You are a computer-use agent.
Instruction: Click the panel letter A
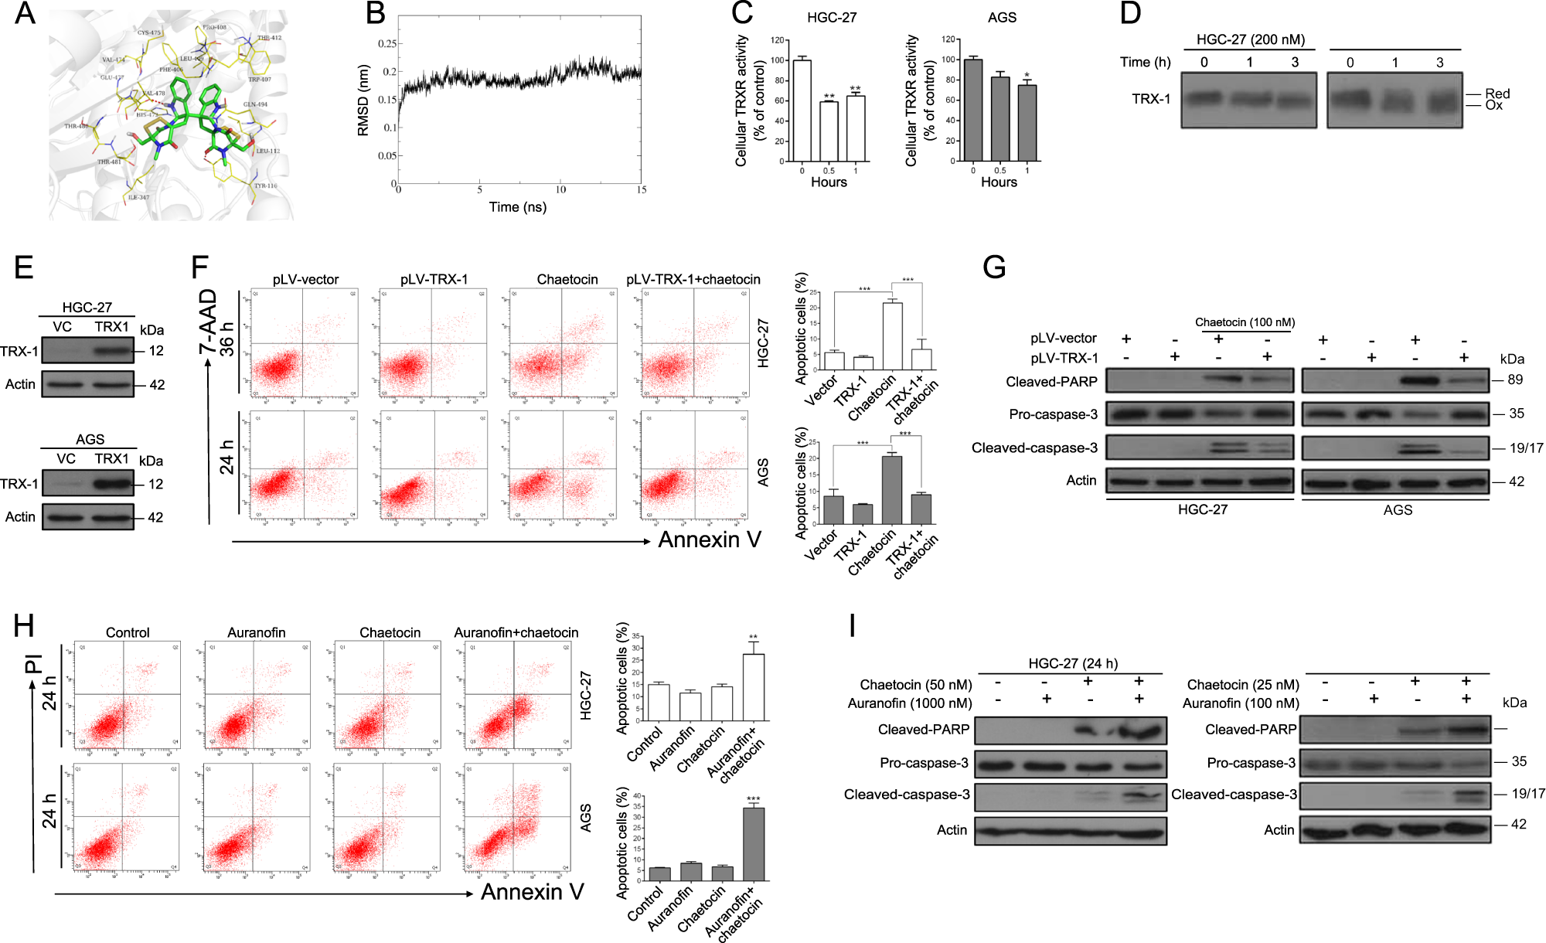pyautogui.click(x=25, y=13)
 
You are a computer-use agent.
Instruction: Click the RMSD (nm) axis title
pyautogui.click(x=363, y=100)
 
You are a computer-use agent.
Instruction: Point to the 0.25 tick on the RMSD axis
pyautogui.click(x=386, y=43)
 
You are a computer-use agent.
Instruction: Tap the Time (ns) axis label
pyautogui.click(x=517, y=207)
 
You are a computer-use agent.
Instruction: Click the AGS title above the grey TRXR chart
pyautogui.click(x=1002, y=18)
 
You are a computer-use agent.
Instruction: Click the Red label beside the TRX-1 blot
pyautogui.click(x=1497, y=94)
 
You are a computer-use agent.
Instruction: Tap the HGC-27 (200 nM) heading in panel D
pyautogui.click(x=1250, y=39)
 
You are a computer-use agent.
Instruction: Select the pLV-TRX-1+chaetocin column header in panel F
pyautogui.click(x=693, y=279)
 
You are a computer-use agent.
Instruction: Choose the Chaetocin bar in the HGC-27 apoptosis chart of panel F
pyautogui.click(x=892, y=336)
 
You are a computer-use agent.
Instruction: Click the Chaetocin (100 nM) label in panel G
pyautogui.click(x=1245, y=322)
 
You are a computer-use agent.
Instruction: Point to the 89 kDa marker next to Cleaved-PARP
pyautogui.click(x=1514, y=380)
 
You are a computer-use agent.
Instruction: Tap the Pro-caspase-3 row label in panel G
pyautogui.click(x=1052, y=414)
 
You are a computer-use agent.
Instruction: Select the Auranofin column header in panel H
pyautogui.click(x=256, y=632)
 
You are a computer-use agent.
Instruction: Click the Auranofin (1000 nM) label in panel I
pyautogui.click(x=909, y=703)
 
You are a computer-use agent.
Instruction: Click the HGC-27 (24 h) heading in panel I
pyautogui.click(x=1072, y=663)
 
